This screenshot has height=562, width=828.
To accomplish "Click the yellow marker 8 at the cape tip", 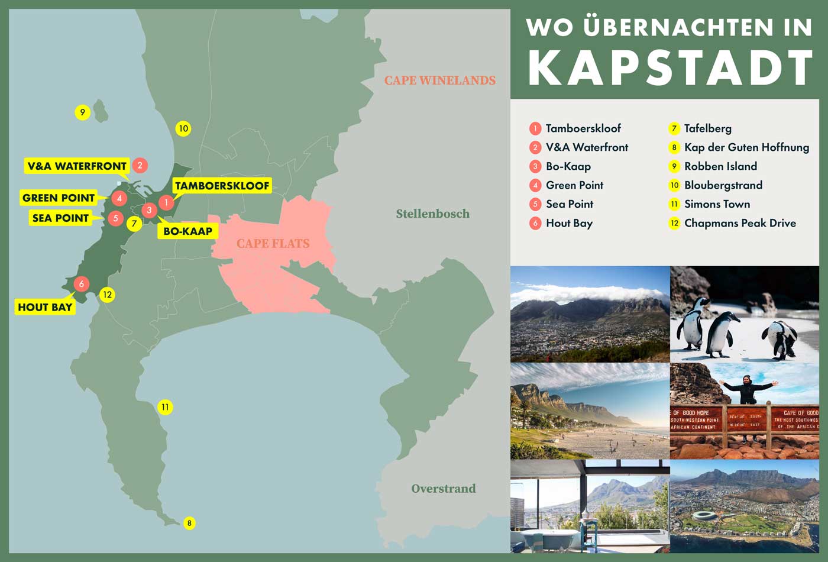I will (x=189, y=523).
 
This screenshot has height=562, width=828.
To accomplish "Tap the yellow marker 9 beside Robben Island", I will (x=82, y=112).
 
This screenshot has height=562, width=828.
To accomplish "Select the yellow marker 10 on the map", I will (x=183, y=128).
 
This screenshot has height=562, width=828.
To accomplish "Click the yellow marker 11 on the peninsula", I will (x=165, y=407).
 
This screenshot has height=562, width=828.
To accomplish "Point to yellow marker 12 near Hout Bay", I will (x=107, y=295).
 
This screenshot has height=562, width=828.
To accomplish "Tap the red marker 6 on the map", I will (x=81, y=284).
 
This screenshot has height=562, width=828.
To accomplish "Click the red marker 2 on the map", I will (x=140, y=166).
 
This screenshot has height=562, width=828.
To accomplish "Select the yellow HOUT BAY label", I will (x=45, y=307).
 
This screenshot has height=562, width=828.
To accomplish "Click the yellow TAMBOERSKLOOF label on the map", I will (x=222, y=186).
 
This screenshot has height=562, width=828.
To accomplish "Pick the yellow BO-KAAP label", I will (x=187, y=231).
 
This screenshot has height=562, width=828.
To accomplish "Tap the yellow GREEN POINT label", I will (x=59, y=198).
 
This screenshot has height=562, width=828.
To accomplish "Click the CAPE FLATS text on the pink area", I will (x=273, y=243).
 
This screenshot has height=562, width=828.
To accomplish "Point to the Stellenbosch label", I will (x=432, y=214).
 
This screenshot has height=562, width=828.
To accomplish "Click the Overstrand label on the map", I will (x=443, y=489).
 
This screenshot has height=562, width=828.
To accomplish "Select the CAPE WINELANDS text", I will (x=439, y=80).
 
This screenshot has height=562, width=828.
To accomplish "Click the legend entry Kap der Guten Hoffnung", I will (x=746, y=147).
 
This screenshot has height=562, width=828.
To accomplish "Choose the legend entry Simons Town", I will (x=717, y=204).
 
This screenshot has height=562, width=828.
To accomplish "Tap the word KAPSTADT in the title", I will (x=670, y=68).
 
